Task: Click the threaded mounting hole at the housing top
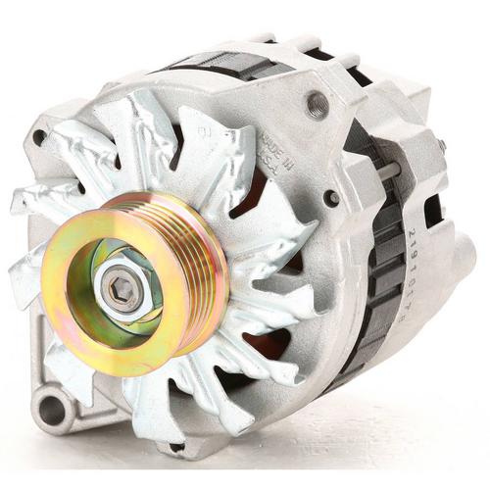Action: (x=317, y=102)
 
